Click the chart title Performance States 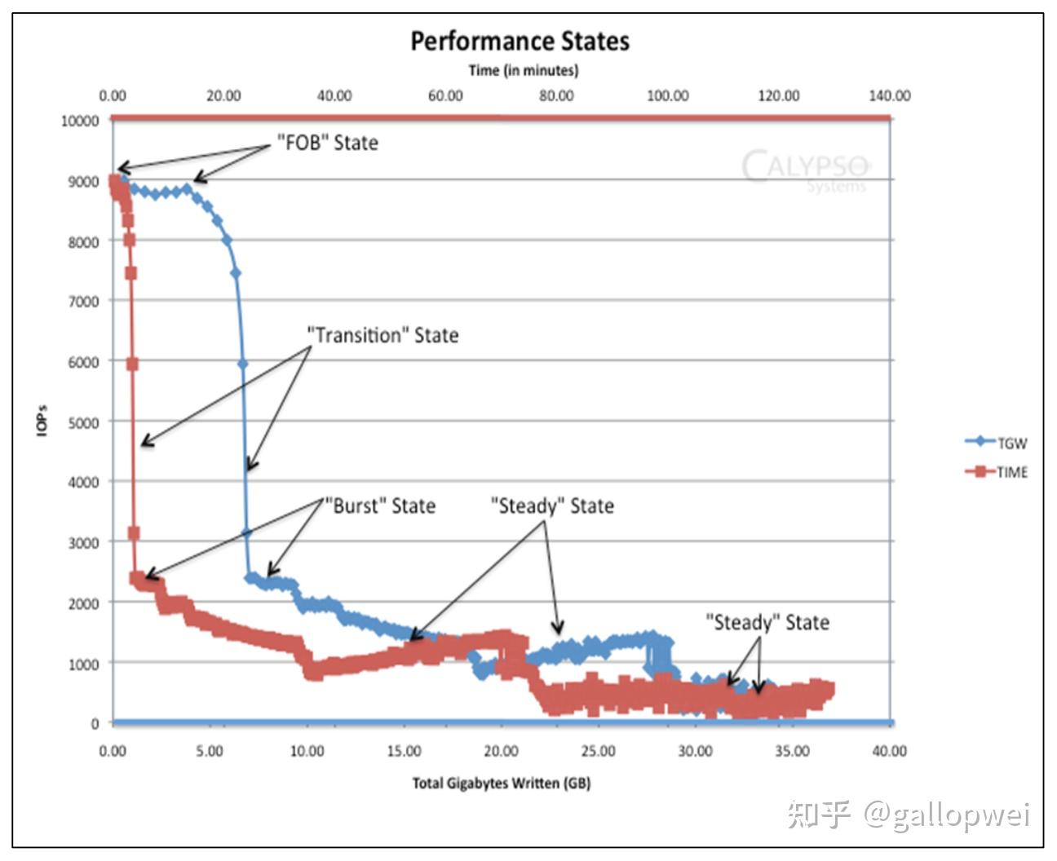pyautogui.click(x=520, y=41)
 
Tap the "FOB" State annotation pyautogui.click(x=328, y=143)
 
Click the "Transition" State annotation pyautogui.click(x=383, y=335)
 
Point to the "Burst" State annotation pyautogui.click(x=380, y=506)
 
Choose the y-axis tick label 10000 pyautogui.click(x=80, y=121)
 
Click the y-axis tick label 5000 pyautogui.click(x=83, y=422)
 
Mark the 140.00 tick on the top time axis pyautogui.click(x=889, y=95)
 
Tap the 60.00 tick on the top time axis pyautogui.click(x=445, y=95)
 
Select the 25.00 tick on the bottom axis pyautogui.click(x=598, y=751)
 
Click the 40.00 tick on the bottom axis pyautogui.click(x=889, y=751)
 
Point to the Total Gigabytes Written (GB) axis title pyautogui.click(x=501, y=784)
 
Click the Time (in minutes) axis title pyautogui.click(x=524, y=70)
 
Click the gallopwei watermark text pyautogui.click(x=947, y=815)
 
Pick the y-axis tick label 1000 pyautogui.click(x=83, y=664)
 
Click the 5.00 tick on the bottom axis pyautogui.click(x=210, y=751)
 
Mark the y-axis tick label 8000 pyautogui.click(x=83, y=241)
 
